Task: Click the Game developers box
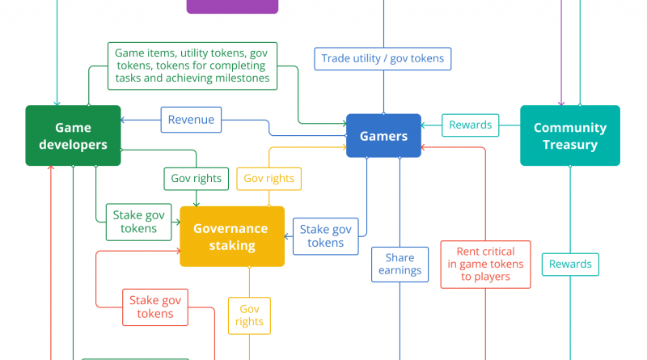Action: tap(73, 136)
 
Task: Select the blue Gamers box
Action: tap(383, 136)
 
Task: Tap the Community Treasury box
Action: tap(569, 136)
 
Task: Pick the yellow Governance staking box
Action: tap(232, 236)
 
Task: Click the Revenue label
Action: tap(191, 120)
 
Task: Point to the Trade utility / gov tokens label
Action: tap(383, 58)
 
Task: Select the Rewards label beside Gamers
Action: tap(470, 125)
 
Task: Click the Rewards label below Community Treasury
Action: tap(570, 264)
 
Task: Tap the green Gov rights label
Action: tap(197, 179)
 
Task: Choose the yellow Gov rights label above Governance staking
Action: tap(269, 179)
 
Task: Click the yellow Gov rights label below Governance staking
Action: tap(249, 316)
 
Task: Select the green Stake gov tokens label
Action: tap(138, 222)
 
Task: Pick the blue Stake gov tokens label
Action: tap(326, 236)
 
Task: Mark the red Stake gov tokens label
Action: tap(155, 307)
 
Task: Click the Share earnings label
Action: tap(400, 265)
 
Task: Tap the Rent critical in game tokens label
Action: tap(485, 264)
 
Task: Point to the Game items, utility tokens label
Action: tap(192, 66)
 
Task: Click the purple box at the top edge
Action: tap(232, 6)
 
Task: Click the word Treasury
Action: tap(569, 145)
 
